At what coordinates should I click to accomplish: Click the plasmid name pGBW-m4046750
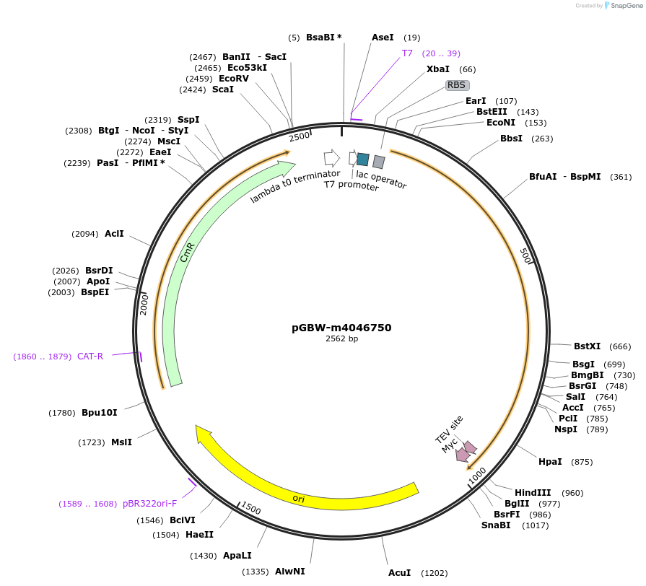341,328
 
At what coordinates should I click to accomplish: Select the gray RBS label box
457,85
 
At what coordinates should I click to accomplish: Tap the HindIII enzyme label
533,492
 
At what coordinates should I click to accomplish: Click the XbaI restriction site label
438,69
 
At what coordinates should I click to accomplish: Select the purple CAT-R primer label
90,357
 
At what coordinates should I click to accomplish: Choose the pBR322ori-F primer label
149,504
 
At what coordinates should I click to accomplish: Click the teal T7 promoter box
363,159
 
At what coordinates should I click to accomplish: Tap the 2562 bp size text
341,338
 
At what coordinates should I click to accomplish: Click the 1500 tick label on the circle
251,508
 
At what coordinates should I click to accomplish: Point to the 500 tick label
525,255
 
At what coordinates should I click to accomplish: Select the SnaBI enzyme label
496,525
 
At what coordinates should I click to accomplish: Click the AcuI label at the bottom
400,573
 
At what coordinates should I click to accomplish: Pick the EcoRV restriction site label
234,79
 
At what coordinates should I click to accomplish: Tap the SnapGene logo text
627,5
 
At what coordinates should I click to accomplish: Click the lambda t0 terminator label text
295,186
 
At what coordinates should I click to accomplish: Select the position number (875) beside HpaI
582,462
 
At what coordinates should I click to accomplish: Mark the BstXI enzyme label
587,346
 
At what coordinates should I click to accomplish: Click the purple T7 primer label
407,53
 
